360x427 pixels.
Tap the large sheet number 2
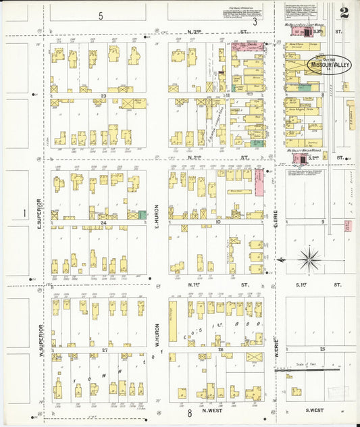345,13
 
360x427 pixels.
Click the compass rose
309,258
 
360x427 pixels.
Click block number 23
103,96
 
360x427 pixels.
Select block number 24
103,222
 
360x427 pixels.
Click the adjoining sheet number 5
100,15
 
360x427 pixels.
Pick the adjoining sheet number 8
190,412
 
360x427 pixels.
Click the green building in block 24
143,214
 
